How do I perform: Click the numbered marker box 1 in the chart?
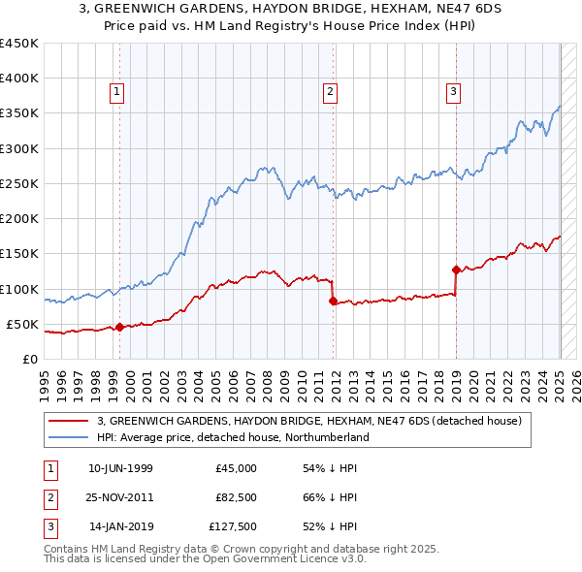click(x=115, y=92)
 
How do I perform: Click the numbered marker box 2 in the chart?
click(x=330, y=92)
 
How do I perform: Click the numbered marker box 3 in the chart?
click(x=453, y=92)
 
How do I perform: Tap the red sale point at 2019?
click(x=456, y=270)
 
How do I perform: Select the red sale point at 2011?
click(x=333, y=302)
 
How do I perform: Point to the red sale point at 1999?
click(x=119, y=327)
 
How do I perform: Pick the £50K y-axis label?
click(x=22, y=324)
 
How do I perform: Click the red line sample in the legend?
click(x=68, y=421)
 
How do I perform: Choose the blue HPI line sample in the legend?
click(x=68, y=437)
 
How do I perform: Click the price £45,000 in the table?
click(x=237, y=468)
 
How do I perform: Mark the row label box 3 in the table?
click(x=49, y=528)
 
